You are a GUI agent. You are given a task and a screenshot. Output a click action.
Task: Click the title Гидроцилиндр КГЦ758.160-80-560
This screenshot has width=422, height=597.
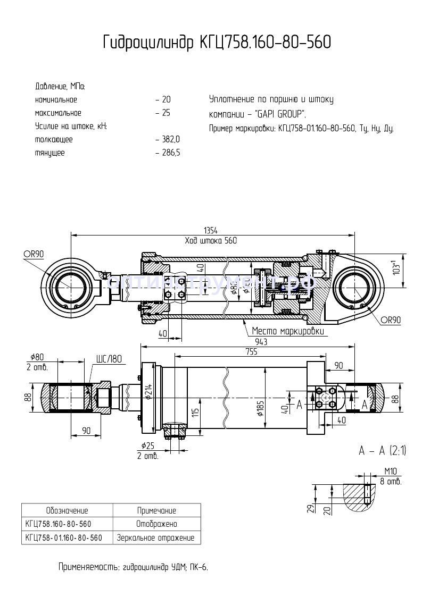click(217, 43)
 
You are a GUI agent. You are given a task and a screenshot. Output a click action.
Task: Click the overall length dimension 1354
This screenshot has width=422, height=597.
click(211, 230)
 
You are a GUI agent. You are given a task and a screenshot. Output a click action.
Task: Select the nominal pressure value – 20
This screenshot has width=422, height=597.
click(163, 100)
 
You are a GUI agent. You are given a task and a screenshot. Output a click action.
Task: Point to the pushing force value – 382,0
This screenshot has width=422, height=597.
click(168, 139)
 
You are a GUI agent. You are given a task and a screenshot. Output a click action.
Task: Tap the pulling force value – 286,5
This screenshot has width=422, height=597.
click(168, 153)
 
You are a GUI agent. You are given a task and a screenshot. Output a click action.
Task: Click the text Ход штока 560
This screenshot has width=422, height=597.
click(211, 240)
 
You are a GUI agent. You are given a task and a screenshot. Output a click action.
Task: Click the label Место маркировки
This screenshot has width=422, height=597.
click(288, 331)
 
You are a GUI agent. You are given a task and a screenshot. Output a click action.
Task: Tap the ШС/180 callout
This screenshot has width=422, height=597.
click(109, 359)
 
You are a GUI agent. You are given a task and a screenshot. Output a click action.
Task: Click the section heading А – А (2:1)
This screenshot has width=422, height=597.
click(383, 451)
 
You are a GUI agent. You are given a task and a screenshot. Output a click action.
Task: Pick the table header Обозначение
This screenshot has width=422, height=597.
click(67, 510)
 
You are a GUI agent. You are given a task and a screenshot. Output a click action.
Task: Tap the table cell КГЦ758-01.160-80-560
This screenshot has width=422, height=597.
click(64, 537)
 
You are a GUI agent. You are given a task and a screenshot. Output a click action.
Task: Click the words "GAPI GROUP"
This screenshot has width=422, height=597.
click(280, 114)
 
